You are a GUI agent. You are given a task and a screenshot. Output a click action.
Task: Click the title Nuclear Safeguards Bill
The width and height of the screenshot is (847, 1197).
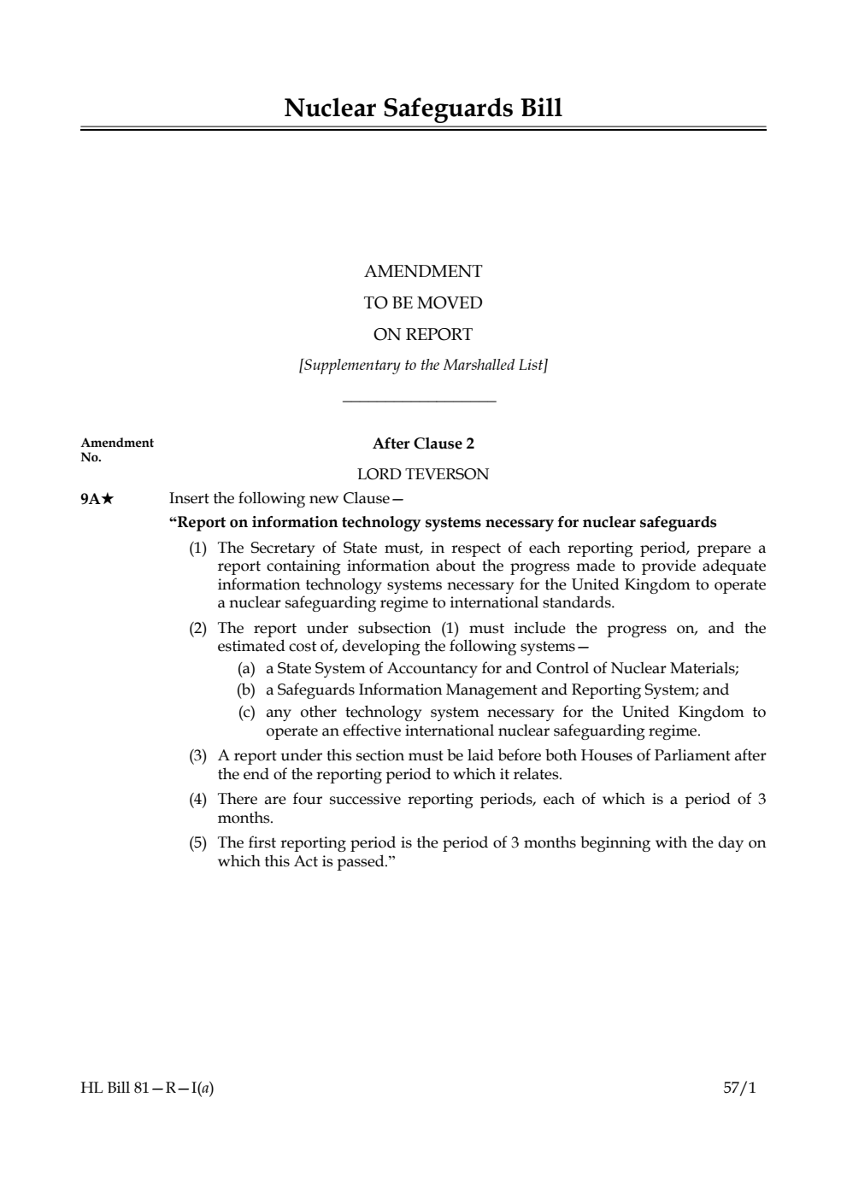(x=423, y=109)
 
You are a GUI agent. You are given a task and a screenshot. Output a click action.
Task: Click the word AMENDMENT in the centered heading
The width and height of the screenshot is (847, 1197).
(x=423, y=272)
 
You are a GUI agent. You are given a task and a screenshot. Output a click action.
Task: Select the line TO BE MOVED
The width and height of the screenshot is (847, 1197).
(x=423, y=303)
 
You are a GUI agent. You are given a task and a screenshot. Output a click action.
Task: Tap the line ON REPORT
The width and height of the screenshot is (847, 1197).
(x=423, y=335)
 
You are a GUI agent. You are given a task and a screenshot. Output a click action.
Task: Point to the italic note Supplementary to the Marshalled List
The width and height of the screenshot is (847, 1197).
(x=423, y=366)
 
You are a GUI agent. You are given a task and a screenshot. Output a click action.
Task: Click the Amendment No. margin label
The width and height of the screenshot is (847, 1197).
(x=116, y=449)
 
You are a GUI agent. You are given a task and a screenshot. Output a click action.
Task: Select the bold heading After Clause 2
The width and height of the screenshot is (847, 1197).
(x=423, y=443)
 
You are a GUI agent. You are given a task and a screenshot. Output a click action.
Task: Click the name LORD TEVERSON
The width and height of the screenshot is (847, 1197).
(x=423, y=474)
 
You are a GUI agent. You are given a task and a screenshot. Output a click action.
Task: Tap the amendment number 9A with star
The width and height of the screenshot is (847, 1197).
(x=97, y=499)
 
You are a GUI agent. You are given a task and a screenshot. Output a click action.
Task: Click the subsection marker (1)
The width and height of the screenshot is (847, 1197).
(x=197, y=548)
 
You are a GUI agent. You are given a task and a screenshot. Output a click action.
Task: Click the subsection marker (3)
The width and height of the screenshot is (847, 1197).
(x=197, y=755)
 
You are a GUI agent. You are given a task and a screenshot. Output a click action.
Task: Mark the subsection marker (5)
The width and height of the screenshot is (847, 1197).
(x=197, y=842)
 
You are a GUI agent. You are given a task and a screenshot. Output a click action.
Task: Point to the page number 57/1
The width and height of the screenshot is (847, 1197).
(x=739, y=1088)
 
